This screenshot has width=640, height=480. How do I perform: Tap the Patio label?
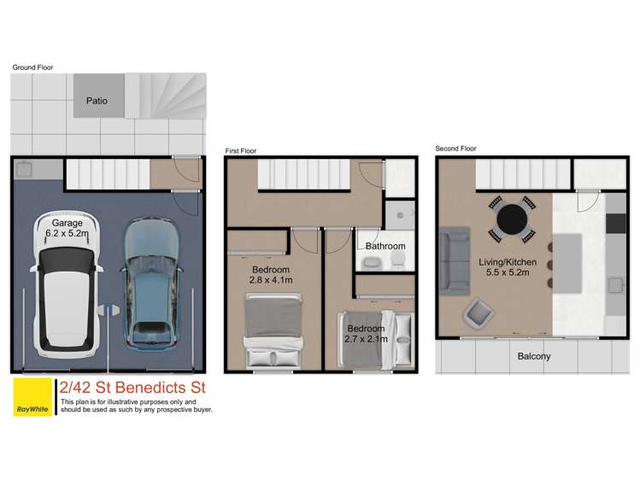(x=97, y=101)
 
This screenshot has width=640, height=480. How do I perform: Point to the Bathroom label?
(x=385, y=246)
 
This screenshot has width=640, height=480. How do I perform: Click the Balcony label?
(x=534, y=356)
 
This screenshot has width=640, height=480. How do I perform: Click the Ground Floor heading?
(x=32, y=66)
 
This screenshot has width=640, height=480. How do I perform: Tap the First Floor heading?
(x=241, y=150)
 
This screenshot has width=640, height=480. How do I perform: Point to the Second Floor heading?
(x=455, y=148)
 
